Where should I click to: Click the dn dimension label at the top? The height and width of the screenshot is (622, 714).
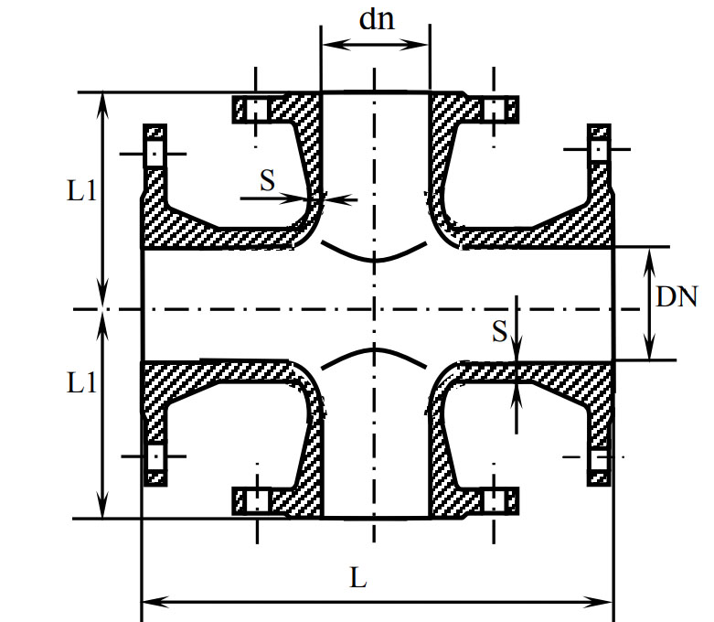[x=377, y=19]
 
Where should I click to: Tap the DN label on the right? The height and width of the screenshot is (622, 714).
[x=677, y=296]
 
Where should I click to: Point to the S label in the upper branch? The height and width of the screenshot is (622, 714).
[x=267, y=180]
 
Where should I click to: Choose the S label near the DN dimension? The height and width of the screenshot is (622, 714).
[x=499, y=331]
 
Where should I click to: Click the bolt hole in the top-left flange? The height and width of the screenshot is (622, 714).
[x=256, y=110]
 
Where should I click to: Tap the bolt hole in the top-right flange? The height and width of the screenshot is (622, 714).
[x=495, y=110]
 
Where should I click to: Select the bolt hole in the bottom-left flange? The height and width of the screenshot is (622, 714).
[x=256, y=501]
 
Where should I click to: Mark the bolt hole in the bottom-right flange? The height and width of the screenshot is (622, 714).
[x=495, y=501]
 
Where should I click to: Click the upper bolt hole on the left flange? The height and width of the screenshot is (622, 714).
[x=155, y=152]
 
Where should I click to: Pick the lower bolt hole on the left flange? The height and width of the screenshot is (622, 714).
[x=155, y=456]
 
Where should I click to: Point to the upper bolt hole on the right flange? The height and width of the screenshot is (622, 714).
[x=600, y=149]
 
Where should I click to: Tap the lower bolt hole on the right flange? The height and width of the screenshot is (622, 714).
[x=600, y=458]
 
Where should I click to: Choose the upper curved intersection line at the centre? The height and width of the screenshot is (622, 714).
[x=374, y=253]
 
